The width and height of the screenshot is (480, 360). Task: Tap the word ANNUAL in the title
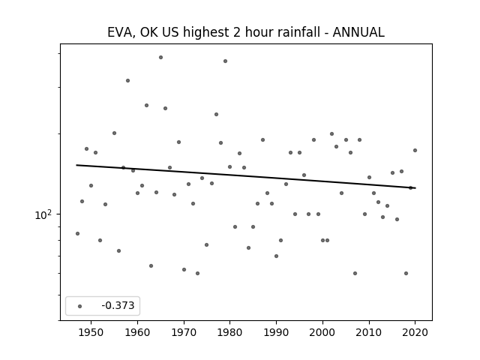[x=358, y=32]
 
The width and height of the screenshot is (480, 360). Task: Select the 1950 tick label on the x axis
[x=91, y=332]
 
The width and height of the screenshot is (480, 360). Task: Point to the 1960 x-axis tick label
[x=137, y=332]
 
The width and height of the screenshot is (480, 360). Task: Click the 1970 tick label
[x=184, y=332]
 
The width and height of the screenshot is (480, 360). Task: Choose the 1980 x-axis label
[x=230, y=332]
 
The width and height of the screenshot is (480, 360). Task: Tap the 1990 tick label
[x=276, y=332]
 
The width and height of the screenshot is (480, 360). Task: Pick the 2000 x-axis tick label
[x=322, y=332]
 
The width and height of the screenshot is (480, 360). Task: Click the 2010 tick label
[x=369, y=332]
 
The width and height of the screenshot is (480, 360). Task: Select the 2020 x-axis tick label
[x=415, y=332]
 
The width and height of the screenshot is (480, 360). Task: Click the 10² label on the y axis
[x=43, y=215]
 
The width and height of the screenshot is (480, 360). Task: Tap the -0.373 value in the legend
[x=118, y=305]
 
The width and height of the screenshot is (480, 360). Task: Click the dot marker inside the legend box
[x=79, y=306]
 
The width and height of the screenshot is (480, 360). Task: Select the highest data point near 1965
[x=160, y=58]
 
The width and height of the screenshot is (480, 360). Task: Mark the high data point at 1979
[x=225, y=61]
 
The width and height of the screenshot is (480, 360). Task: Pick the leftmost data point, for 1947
[x=77, y=233]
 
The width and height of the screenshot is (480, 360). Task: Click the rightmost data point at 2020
[x=415, y=150]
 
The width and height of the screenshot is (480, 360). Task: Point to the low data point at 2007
[x=355, y=273]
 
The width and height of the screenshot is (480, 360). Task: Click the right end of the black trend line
[x=415, y=188]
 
